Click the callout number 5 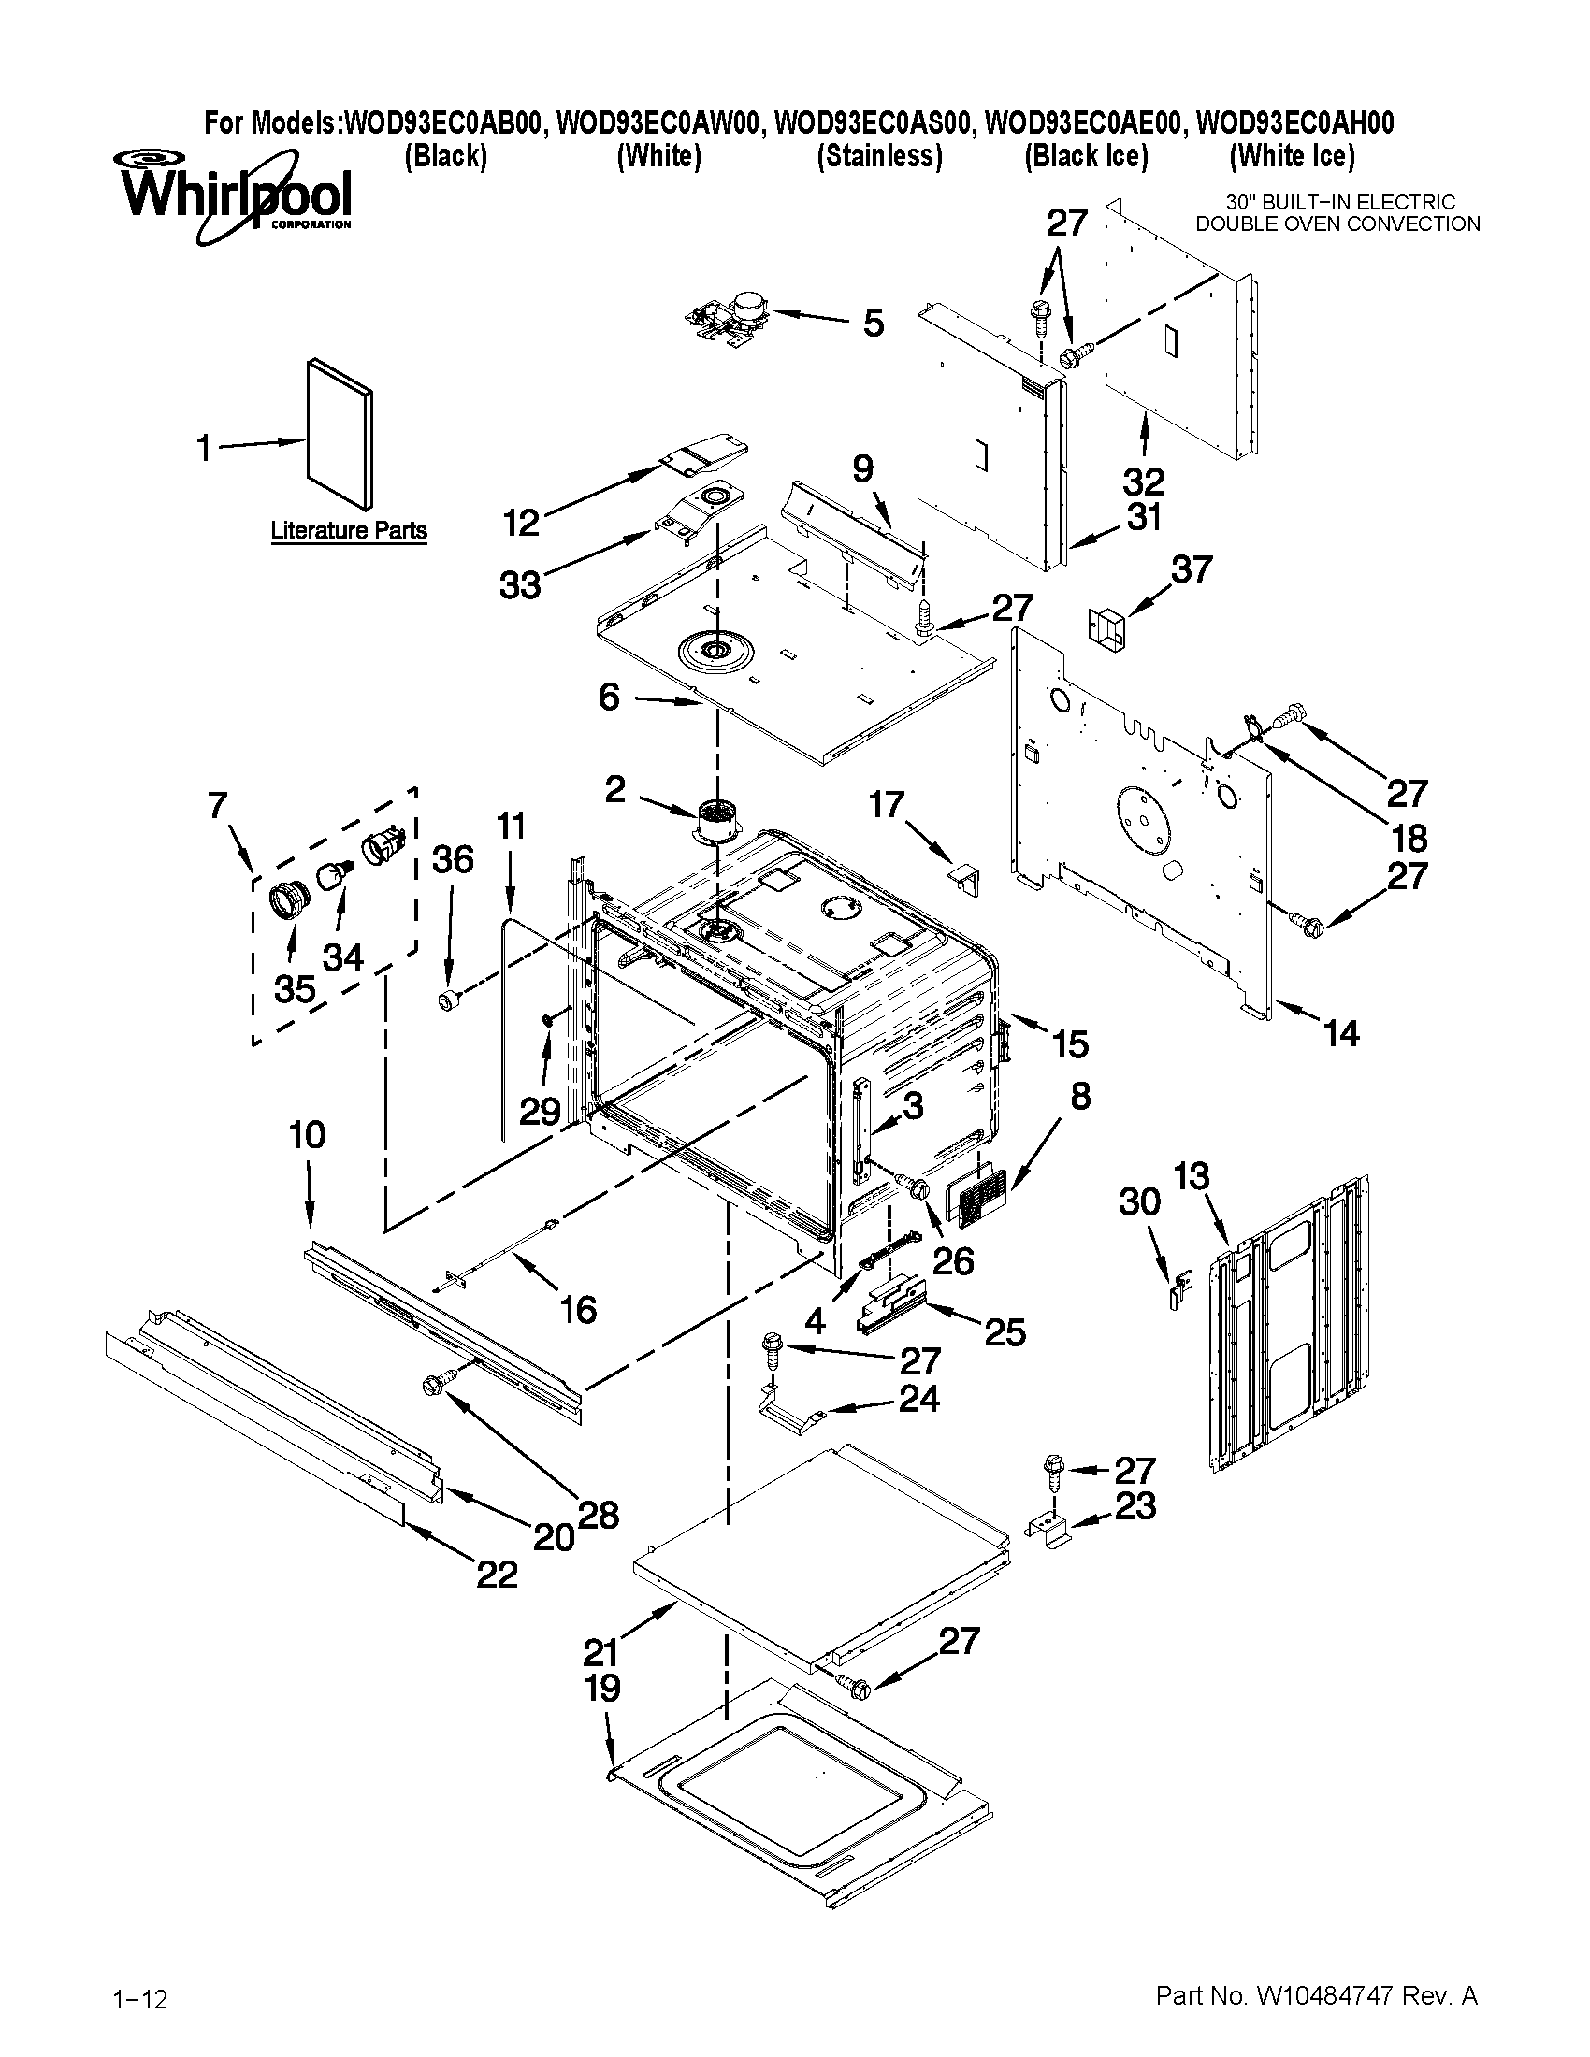pos(874,324)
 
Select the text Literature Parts pos(349,530)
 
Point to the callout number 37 pos(1192,568)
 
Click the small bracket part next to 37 pos(1107,629)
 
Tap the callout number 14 pos(1341,1033)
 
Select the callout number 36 pos(452,859)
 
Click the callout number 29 pos(541,1112)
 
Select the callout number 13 pos(1192,1175)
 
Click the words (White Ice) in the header pos(1293,155)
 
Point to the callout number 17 pos(887,804)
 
